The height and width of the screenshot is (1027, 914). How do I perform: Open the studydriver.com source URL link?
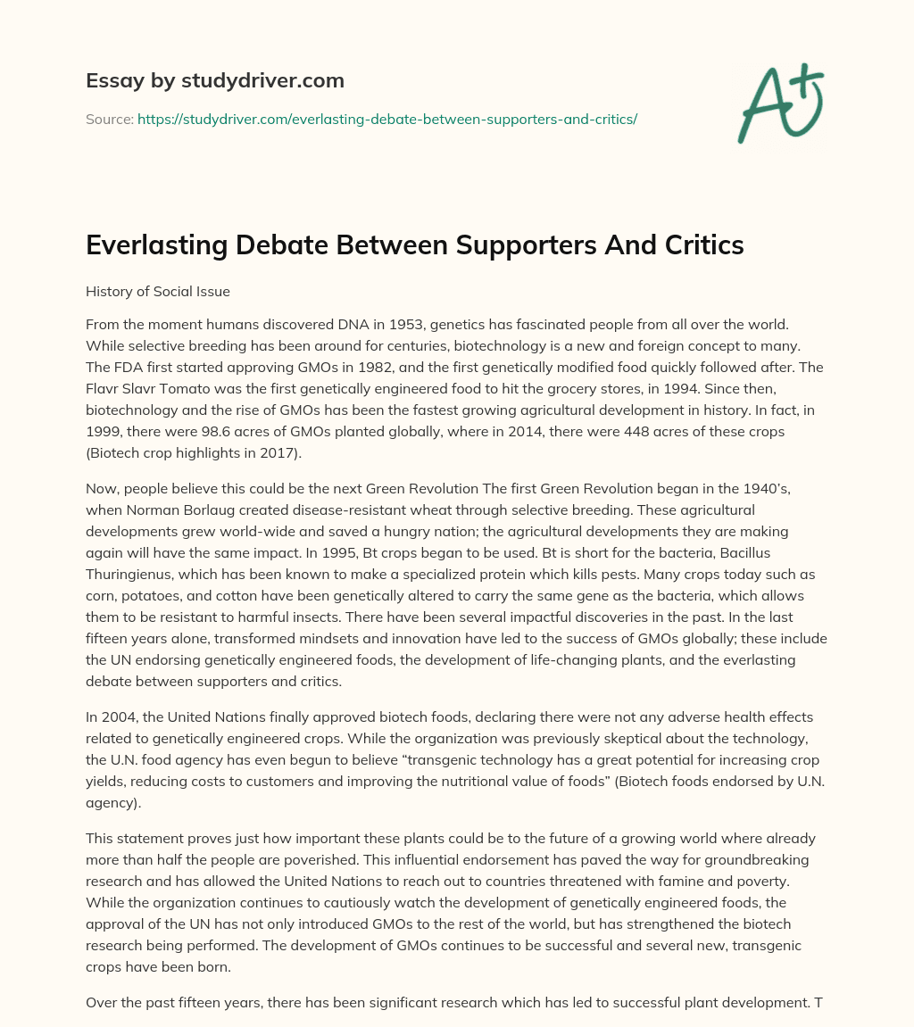coord(386,119)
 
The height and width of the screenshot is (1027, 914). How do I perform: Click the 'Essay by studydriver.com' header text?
coord(214,80)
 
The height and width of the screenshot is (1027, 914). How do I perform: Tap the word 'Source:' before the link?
coord(109,119)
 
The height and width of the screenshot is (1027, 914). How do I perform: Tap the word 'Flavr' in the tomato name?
coord(104,391)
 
